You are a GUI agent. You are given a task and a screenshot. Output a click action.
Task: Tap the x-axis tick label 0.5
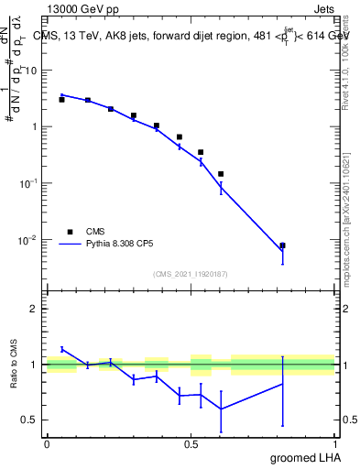191,442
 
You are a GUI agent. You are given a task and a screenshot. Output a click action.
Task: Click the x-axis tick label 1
334,442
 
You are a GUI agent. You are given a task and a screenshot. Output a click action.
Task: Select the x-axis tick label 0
47,442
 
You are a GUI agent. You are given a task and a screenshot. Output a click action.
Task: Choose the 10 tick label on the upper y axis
30,71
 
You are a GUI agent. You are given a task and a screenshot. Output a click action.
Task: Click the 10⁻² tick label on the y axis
28,240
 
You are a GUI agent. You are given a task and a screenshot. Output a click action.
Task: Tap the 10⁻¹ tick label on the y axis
28,183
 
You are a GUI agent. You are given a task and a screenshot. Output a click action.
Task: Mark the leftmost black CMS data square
61,99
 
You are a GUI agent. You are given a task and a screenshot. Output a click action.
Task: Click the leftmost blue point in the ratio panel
61,349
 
